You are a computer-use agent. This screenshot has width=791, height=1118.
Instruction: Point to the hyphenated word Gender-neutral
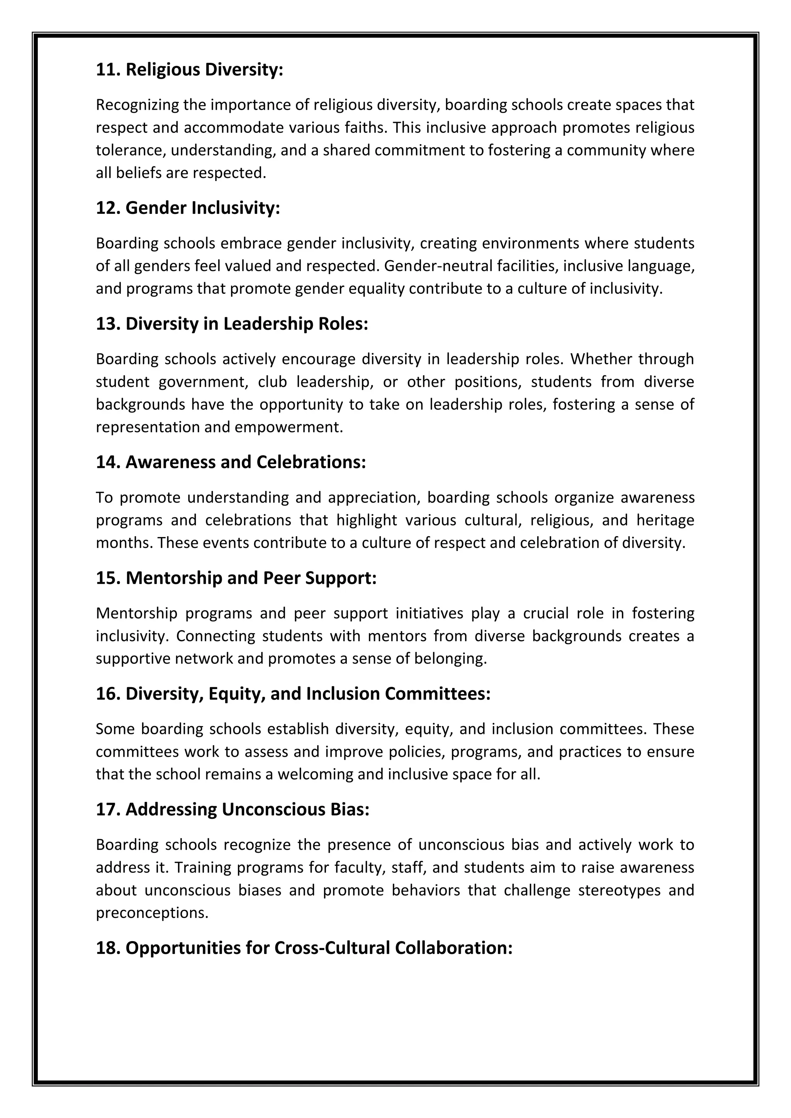coord(438,266)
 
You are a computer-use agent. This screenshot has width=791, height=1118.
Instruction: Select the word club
coord(272,382)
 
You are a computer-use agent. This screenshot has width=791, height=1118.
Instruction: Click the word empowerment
coord(289,427)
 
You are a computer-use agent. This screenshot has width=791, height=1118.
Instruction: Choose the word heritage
coord(665,520)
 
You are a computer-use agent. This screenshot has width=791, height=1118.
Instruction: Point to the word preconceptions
coord(152,913)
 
